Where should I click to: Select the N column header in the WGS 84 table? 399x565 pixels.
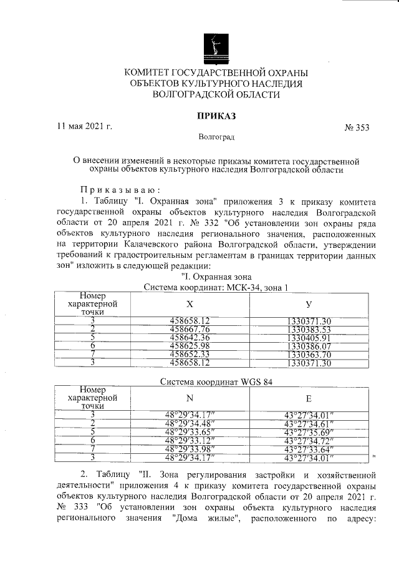point(190,398)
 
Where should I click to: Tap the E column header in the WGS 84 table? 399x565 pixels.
point(309,398)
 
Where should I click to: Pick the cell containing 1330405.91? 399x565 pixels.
point(309,338)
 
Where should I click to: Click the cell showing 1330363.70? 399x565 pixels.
point(309,354)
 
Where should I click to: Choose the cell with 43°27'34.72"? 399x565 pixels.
point(309,440)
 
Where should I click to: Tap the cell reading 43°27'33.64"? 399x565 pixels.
point(309,448)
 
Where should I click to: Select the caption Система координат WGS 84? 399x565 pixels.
point(216,381)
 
